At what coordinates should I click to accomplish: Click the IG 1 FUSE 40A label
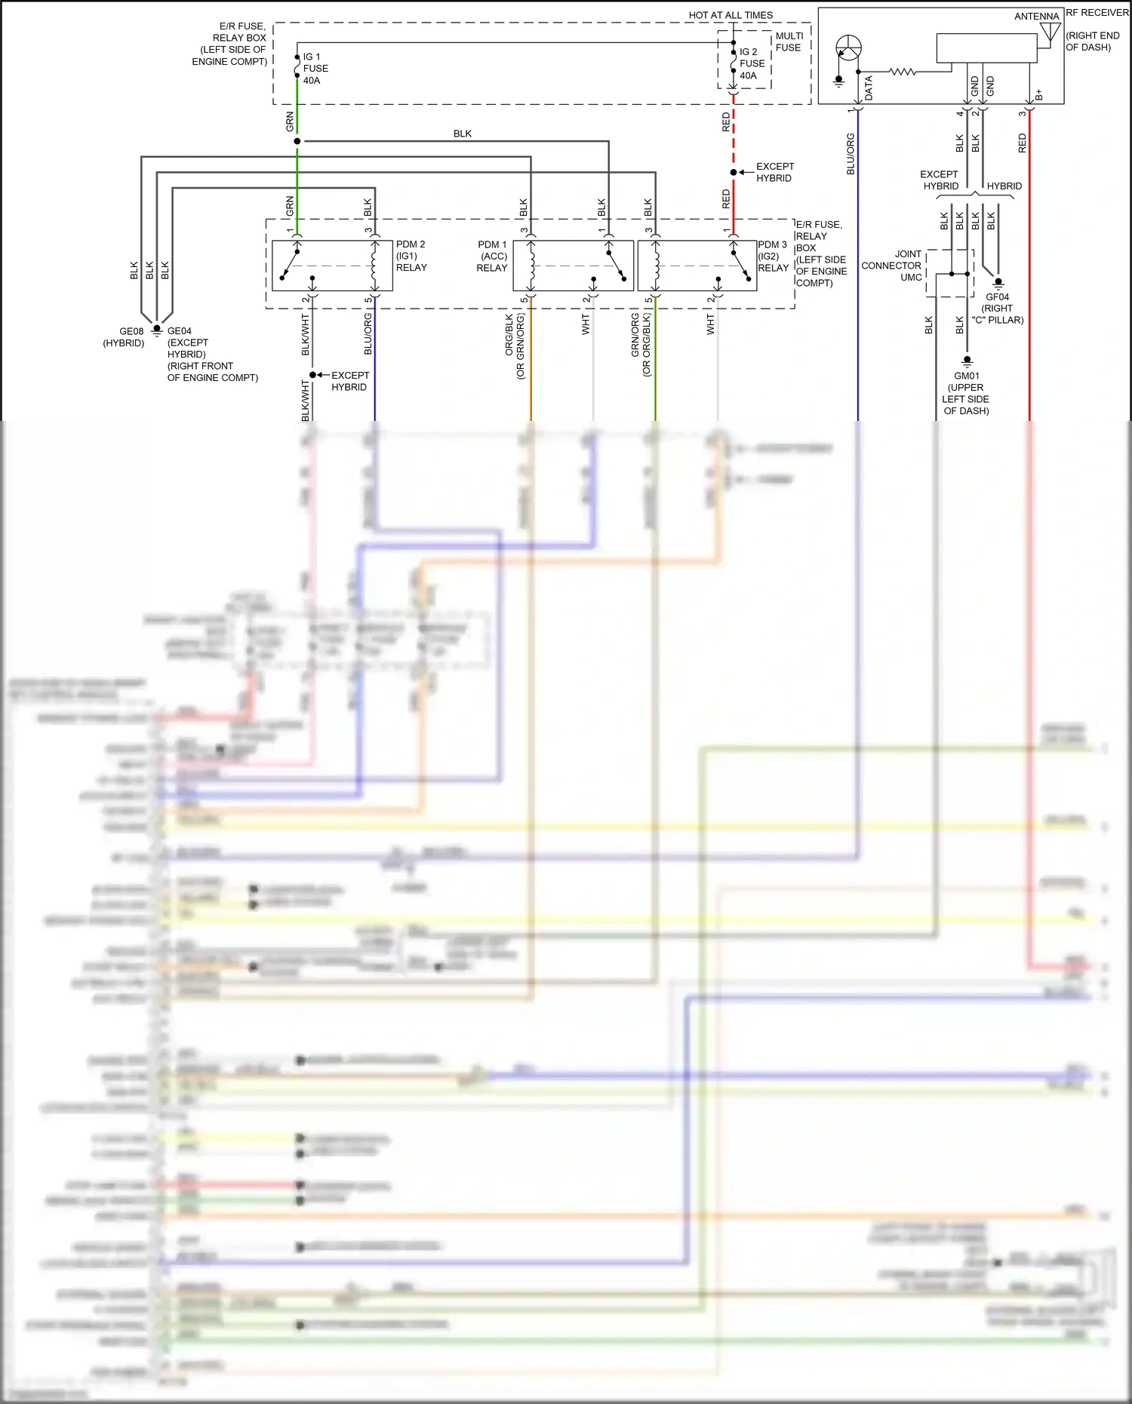pyautogui.click(x=315, y=69)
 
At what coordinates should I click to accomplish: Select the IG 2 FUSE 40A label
pyautogui.click(x=752, y=63)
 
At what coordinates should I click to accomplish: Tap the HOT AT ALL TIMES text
pyautogui.click(x=730, y=15)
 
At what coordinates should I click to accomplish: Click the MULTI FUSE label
pyautogui.click(x=789, y=41)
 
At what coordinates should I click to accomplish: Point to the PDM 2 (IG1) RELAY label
pyautogui.click(x=411, y=256)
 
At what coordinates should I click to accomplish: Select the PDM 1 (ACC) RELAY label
pyautogui.click(x=492, y=256)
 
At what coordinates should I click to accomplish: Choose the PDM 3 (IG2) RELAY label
pyautogui.click(x=772, y=256)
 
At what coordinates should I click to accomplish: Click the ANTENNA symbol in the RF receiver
pyautogui.click(x=1050, y=32)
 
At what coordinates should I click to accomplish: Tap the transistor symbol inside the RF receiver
pyautogui.click(x=849, y=48)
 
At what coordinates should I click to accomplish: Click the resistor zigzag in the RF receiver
pyautogui.click(x=903, y=72)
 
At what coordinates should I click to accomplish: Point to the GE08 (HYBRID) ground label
pyautogui.click(x=125, y=336)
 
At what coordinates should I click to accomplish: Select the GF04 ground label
pyautogui.click(x=997, y=308)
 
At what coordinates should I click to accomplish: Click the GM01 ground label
pyautogui.click(x=966, y=393)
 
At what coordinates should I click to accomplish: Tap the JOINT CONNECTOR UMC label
pyautogui.click(x=892, y=266)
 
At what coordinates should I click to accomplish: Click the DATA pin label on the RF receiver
pyautogui.click(x=869, y=88)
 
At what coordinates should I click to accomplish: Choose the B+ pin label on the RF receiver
pyautogui.click(x=1039, y=94)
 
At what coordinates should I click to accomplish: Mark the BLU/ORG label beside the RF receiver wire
pyautogui.click(x=851, y=154)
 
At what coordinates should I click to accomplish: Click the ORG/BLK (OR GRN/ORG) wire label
pyautogui.click(x=515, y=346)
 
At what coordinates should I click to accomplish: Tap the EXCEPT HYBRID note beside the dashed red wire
pyautogui.click(x=774, y=172)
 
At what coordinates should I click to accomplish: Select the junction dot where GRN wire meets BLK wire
pyautogui.click(x=297, y=141)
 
